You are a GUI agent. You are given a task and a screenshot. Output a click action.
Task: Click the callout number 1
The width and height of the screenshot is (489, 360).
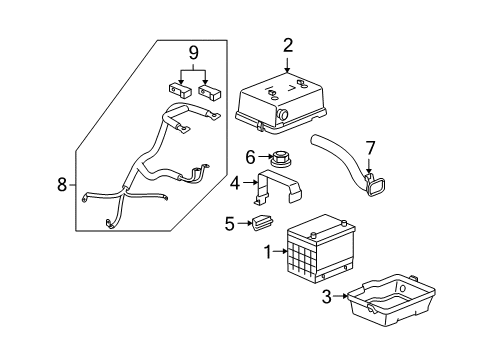coord(266,254)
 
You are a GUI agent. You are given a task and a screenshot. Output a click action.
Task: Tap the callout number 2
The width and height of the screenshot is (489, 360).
coord(288,45)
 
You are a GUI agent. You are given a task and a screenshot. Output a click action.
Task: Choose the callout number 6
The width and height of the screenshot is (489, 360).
coord(252,156)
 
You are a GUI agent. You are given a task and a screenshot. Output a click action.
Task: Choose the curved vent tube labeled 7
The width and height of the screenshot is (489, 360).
coord(345,160)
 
